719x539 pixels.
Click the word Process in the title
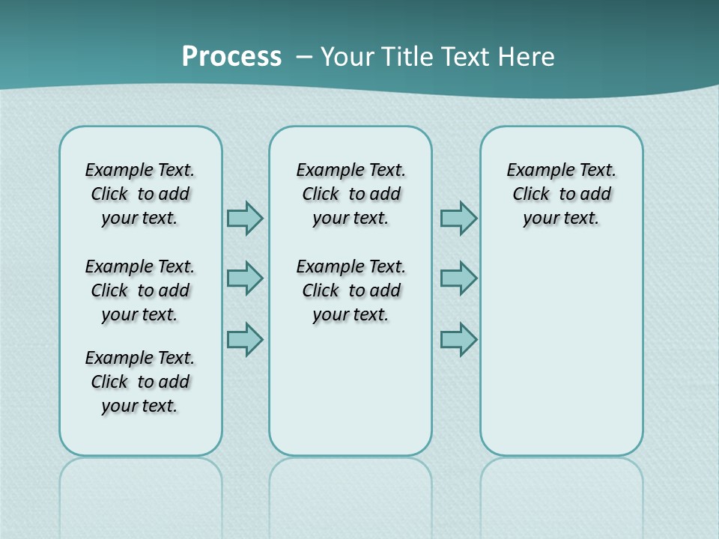coord(231,56)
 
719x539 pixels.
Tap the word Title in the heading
coord(409,56)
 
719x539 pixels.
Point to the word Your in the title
coord(348,56)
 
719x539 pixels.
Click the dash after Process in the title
coord(304,57)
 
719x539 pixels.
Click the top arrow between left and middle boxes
coord(245,218)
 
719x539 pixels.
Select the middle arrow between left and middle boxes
coord(245,278)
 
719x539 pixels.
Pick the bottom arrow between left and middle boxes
coord(245,339)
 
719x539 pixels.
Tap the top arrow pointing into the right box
coord(458,218)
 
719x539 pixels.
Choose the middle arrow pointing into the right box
coord(458,278)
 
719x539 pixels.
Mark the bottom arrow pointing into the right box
coord(458,339)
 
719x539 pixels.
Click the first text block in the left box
coord(140,194)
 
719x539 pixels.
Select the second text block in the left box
coord(140,290)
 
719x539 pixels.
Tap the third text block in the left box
coord(140,382)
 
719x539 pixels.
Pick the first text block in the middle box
coord(351,194)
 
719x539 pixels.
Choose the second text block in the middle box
coord(351,290)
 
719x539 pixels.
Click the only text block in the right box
coord(561,194)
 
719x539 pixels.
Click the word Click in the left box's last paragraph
coord(109,382)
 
